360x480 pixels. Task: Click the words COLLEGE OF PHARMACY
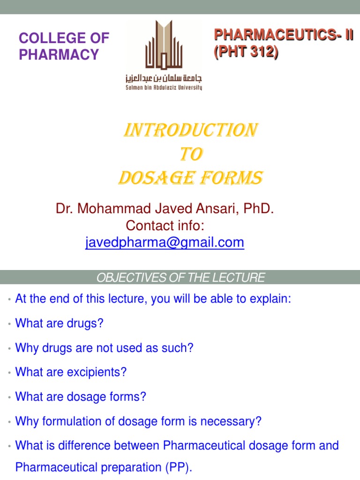pos(63,46)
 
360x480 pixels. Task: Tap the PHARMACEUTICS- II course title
pos(283,35)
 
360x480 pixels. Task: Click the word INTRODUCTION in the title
pos(189,130)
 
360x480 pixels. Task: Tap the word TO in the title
pos(189,154)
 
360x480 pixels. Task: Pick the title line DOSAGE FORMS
pos(189,178)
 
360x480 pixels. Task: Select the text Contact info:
pos(165,225)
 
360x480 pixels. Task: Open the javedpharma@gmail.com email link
pos(165,242)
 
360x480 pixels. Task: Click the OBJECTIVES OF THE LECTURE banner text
pos(180,277)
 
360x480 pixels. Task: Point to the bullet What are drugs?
pos(59,323)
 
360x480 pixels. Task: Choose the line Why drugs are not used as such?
pos(105,348)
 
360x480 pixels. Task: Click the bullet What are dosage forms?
pos(81,397)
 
